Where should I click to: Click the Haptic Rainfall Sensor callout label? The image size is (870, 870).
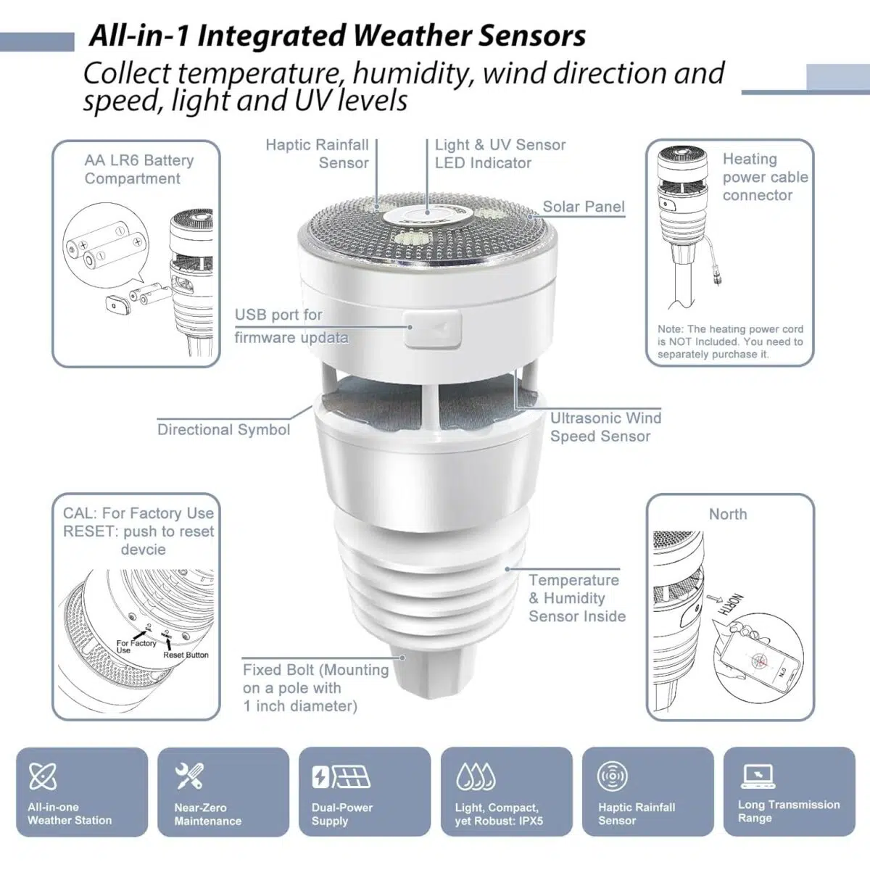[x=318, y=154]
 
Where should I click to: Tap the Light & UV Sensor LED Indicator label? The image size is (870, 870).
[x=500, y=154]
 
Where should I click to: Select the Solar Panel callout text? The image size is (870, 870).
[x=583, y=207]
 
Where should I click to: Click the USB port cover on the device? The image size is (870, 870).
[x=433, y=330]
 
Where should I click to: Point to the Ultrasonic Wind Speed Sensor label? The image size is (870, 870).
[x=605, y=427]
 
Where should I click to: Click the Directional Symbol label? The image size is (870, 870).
[x=223, y=429]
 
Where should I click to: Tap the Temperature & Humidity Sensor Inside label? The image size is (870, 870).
[x=576, y=598]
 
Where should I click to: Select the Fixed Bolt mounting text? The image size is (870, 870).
[x=315, y=687]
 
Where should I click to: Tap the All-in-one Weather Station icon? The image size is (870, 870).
[x=43, y=776]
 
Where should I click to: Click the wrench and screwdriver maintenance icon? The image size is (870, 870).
[x=190, y=776]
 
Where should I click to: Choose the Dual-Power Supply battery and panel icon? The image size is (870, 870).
[x=340, y=777]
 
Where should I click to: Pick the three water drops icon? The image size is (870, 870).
[x=476, y=776]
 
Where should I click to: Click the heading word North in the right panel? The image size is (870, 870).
[x=727, y=514]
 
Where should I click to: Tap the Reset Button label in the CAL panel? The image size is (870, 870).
[x=186, y=655]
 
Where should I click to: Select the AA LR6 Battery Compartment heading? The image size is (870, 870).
[x=138, y=170]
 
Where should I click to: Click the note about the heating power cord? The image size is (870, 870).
[x=730, y=341]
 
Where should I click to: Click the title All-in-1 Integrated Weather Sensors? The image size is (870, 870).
[x=337, y=36]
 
